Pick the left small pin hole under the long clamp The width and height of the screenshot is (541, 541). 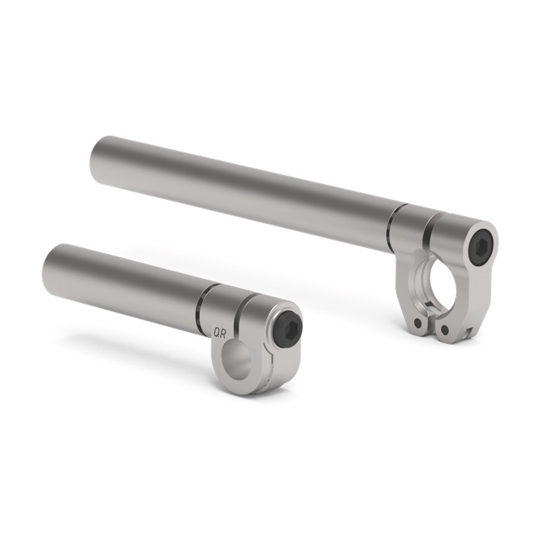point(417,323)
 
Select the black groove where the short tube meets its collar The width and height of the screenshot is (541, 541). point(201,308)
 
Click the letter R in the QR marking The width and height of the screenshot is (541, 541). point(224,332)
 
